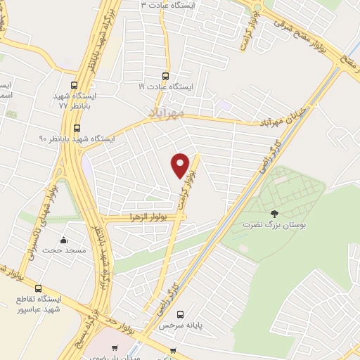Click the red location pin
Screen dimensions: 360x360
pyautogui.click(x=181, y=164)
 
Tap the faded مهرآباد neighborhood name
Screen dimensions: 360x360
pyautogui.click(x=167, y=112)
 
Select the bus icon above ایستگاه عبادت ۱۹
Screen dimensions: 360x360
pyautogui.click(x=166, y=76)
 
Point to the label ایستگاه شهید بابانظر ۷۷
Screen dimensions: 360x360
pyautogui.click(x=78, y=99)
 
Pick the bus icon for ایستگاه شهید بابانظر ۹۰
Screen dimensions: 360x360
pyautogui.click(x=77, y=128)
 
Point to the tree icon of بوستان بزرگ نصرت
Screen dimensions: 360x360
pyautogui.click(x=274, y=214)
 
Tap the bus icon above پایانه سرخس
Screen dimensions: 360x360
pyautogui.click(x=181, y=314)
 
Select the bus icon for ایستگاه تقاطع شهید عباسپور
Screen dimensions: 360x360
pyautogui.click(x=38, y=288)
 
